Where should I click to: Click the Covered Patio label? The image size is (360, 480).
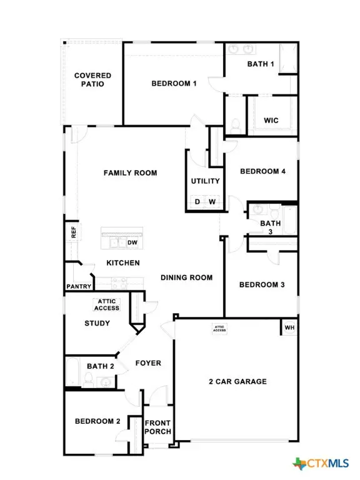pyautogui.click(x=92, y=79)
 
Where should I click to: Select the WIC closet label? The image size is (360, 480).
pyautogui.click(x=271, y=120)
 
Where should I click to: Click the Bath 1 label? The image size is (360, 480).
pyautogui.click(x=261, y=64)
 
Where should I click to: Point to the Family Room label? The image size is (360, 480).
pyautogui.click(x=130, y=173)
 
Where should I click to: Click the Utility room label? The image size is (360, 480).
pyautogui.click(x=205, y=181)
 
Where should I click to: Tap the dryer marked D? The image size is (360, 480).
pyautogui.click(x=197, y=202)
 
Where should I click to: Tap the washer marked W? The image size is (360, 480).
pyautogui.click(x=212, y=202)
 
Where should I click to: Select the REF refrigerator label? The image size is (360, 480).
pyautogui.click(x=73, y=232)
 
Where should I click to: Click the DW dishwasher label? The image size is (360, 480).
pyautogui.click(x=132, y=242)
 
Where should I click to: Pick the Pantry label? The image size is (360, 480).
pyautogui.click(x=79, y=287)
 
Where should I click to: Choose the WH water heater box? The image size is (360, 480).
pyautogui.click(x=289, y=327)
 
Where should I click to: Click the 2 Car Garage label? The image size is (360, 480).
pyautogui.click(x=237, y=381)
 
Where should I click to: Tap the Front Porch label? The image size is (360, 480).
pyautogui.click(x=157, y=427)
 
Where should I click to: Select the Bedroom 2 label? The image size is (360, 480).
pyautogui.click(x=97, y=421)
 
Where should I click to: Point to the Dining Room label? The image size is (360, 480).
pyautogui.click(x=186, y=277)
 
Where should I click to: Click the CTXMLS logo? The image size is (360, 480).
pyautogui.click(x=320, y=463)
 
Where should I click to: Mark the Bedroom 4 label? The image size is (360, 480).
pyautogui.click(x=262, y=171)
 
